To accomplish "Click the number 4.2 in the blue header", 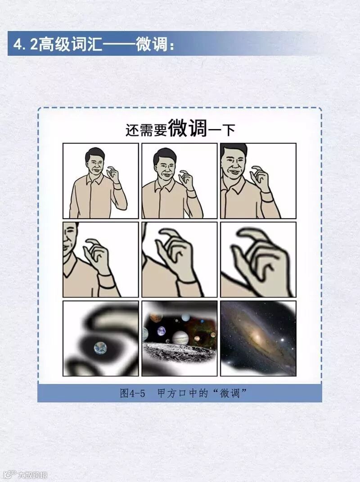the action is tap(25, 45).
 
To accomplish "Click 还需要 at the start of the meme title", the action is tap(146, 130).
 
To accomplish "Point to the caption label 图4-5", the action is tap(132, 393).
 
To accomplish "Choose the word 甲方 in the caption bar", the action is tap(167, 393).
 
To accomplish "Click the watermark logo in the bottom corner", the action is tap(11, 475).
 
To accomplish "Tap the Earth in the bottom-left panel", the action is tap(100, 348).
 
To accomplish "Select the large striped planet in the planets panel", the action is tap(180, 338).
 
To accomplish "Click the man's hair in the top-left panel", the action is tap(94, 154).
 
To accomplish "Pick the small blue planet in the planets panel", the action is tap(161, 331).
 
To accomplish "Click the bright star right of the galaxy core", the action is tap(282, 340).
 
